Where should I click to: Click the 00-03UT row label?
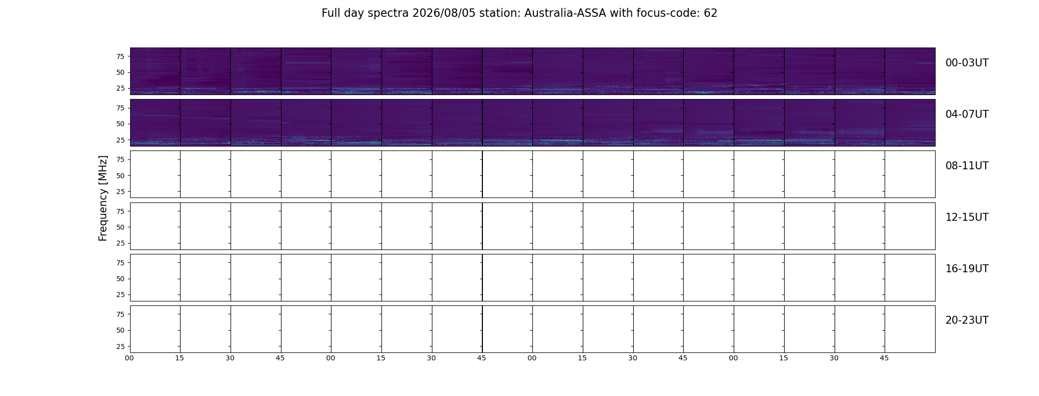(x=967, y=63)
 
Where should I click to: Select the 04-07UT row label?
(x=967, y=114)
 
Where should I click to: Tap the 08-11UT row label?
(x=967, y=166)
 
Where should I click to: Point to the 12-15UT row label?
(x=967, y=217)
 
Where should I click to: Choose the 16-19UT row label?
(x=967, y=269)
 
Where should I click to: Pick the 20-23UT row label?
(x=967, y=320)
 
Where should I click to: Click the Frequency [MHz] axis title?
(x=103, y=198)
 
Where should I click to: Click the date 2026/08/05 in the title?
(x=444, y=13)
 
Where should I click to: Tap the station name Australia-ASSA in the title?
(x=565, y=13)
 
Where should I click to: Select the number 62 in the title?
(x=710, y=13)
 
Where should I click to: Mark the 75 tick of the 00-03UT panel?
(x=120, y=56)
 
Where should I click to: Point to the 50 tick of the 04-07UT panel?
(x=120, y=124)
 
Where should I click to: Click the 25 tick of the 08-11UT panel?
(x=120, y=192)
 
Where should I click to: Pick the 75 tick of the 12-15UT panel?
(x=120, y=211)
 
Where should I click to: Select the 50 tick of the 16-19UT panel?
(x=120, y=279)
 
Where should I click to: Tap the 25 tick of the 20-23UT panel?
(x=120, y=346)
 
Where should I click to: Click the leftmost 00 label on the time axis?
(x=129, y=358)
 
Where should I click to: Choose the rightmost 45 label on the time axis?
(x=884, y=358)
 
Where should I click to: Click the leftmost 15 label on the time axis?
(x=180, y=358)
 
